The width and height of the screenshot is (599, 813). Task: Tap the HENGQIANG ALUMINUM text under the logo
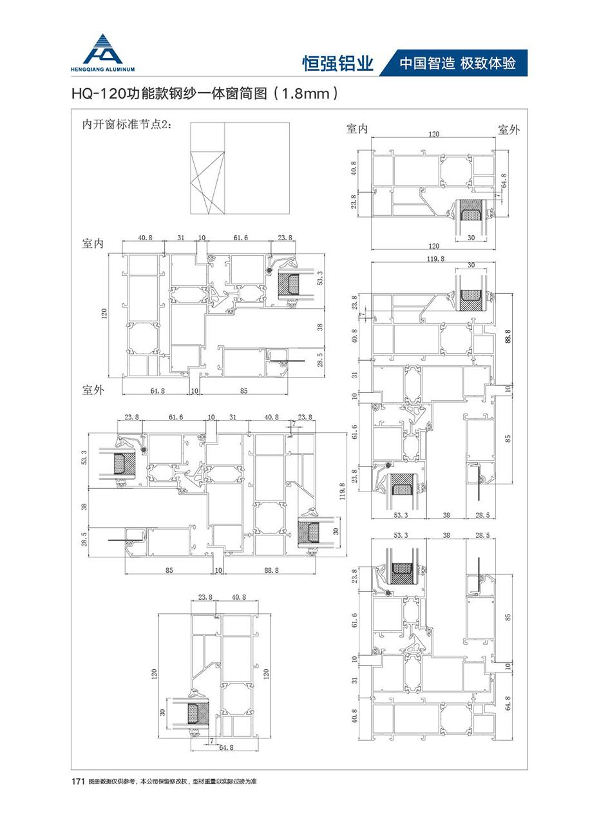point(103,70)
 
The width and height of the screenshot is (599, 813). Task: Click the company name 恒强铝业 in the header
point(338,64)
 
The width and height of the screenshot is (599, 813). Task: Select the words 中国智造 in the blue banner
point(427,63)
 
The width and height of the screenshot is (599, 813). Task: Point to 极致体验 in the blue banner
point(488,63)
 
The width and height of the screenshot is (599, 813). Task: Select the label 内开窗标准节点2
point(125,125)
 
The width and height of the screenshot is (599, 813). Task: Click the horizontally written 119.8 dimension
point(435,259)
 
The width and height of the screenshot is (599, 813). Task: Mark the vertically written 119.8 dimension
point(342,492)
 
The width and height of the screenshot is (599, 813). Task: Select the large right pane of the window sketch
point(257,168)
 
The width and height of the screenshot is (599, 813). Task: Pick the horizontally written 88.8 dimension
point(271,570)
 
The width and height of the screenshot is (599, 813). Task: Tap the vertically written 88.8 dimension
point(508,336)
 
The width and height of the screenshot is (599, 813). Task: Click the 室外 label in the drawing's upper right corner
point(509,130)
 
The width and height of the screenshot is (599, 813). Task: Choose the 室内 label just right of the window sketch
point(357,129)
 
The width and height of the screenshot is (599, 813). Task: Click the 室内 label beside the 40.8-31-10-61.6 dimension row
point(93,244)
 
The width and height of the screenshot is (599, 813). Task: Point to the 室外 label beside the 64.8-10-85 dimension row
point(93,390)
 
